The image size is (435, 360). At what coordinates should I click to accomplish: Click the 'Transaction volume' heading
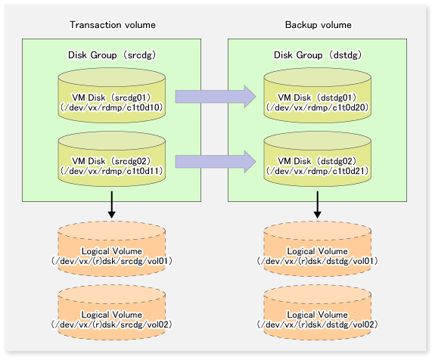pyautogui.click(x=113, y=25)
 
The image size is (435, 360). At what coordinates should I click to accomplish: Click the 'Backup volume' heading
pyautogui.click(x=318, y=25)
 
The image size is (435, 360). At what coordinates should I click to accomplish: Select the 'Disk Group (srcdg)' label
pyautogui.click(x=112, y=55)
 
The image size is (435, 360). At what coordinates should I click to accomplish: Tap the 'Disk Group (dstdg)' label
pyautogui.click(x=318, y=55)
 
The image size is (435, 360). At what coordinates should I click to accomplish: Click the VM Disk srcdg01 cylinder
pyautogui.click(x=112, y=95)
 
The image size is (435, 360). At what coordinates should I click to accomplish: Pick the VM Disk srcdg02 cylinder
pyautogui.click(x=112, y=159)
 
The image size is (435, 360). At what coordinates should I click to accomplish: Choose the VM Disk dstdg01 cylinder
pyautogui.click(x=318, y=95)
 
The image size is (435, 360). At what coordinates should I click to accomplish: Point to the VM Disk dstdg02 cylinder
pyautogui.click(x=318, y=159)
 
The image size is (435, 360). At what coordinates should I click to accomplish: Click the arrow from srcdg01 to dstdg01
pyautogui.click(x=216, y=97)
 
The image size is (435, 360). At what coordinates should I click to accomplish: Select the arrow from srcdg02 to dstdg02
pyautogui.click(x=216, y=162)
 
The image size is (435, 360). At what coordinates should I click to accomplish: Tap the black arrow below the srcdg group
pyautogui.click(x=112, y=205)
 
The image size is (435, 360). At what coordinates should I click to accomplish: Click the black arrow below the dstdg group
pyautogui.click(x=318, y=205)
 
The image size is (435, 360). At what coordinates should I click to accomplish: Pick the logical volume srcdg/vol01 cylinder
pyautogui.click(x=112, y=249)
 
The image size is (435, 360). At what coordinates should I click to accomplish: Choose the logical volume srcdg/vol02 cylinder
pyautogui.click(x=112, y=312)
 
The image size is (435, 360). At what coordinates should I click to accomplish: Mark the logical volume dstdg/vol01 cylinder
pyautogui.click(x=318, y=249)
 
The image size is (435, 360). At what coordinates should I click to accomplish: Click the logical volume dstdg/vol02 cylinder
pyautogui.click(x=318, y=312)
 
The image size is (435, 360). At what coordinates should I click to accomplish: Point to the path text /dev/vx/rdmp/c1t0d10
pyautogui.click(x=112, y=107)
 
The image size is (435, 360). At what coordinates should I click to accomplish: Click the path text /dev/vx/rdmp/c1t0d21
pyautogui.click(x=318, y=171)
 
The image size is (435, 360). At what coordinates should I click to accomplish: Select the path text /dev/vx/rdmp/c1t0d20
pyautogui.click(x=318, y=107)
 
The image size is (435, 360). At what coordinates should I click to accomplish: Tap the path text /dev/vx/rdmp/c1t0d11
pyautogui.click(x=112, y=171)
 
